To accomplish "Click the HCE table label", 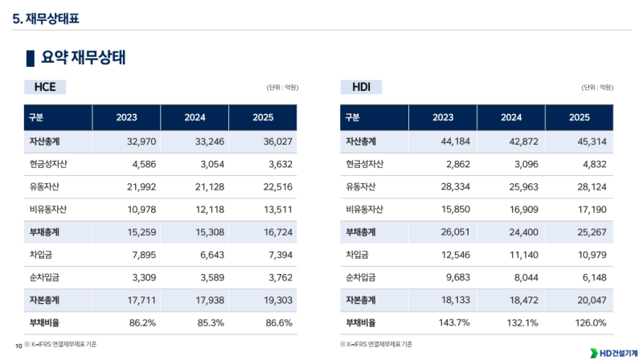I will tap(45, 87).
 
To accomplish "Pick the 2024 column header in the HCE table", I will tap(195, 117).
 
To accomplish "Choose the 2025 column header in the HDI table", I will tap(580, 117).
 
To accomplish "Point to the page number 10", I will tap(18, 346).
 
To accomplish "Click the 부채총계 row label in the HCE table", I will tap(45, 232).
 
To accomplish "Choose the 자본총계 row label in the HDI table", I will tap(361, 300).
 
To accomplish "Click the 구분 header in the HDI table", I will tap(353, 117).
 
